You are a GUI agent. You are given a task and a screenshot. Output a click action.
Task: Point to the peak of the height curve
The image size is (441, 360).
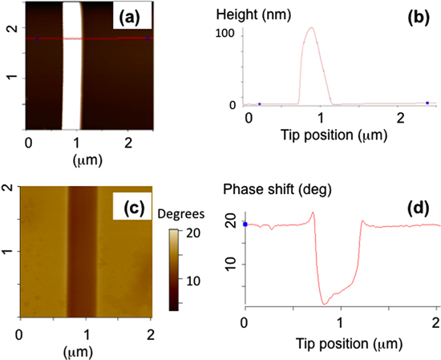tap(310, 29)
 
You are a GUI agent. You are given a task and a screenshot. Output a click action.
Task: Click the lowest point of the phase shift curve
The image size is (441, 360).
tap(324, 304)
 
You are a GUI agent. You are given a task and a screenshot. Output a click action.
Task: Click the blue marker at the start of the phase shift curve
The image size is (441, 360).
tap(245, 224)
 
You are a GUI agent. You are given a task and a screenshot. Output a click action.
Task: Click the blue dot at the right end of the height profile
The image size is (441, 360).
tap(427, 103)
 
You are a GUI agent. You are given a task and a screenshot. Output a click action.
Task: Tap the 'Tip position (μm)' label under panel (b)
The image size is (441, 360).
tap(324, 133)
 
